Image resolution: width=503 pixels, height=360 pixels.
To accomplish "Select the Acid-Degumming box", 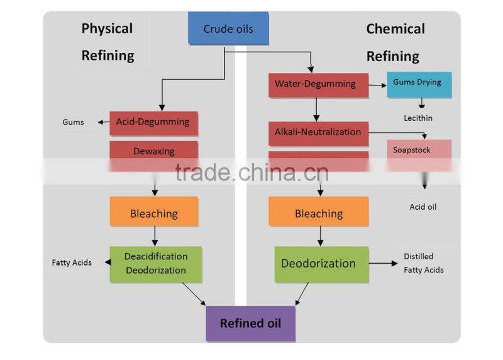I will point(153,123).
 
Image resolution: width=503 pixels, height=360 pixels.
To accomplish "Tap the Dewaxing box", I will point(153,151).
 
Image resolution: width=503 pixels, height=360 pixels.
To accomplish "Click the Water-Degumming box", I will point(315,84).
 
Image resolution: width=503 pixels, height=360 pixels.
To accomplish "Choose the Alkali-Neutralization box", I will point(318,133).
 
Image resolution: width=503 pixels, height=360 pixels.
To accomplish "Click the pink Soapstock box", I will point(419,150).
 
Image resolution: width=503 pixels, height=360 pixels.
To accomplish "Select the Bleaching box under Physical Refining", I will point(153,213).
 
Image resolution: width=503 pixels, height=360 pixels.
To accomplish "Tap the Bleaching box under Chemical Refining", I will point(318,213).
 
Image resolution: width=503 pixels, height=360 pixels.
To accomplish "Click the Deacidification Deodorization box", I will point(155,264).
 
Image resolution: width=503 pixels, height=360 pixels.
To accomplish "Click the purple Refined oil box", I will point(250,323).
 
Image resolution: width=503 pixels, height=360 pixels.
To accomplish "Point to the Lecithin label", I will point(418,118).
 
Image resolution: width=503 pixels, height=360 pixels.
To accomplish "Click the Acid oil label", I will point(423,207).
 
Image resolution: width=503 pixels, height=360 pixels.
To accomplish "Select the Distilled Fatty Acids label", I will point(423,263).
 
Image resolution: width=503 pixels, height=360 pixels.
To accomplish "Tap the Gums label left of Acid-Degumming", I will point(73,122).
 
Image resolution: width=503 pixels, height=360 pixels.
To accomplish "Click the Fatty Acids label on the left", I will point(72,262).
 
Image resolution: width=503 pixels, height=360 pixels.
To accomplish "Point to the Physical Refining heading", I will point(108,42).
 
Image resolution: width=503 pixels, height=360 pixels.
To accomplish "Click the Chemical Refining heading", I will point(395,42).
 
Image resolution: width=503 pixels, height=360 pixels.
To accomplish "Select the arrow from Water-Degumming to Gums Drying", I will point(377,84).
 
